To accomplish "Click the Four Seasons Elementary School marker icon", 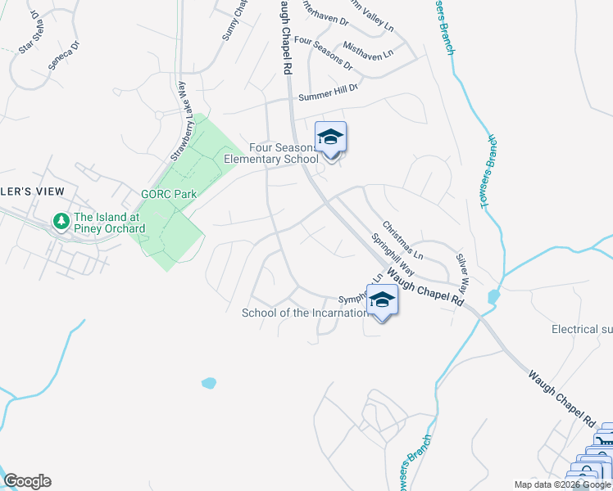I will click(330, 137).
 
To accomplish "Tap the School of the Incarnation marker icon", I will click(382, 301).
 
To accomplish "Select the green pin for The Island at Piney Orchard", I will click(61, 221).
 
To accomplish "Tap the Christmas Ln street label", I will click(402, 239).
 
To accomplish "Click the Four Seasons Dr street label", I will click(323, 52).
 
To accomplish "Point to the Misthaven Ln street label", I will click(369, 48).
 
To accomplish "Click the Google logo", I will click(27, 481).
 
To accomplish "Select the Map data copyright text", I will click(562, 484).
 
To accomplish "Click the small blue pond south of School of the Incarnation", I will click(208, 382).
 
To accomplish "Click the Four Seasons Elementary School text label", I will click(270, 153).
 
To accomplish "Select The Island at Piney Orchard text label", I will click(101, 222).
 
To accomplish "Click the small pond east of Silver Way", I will click(493, 296).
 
